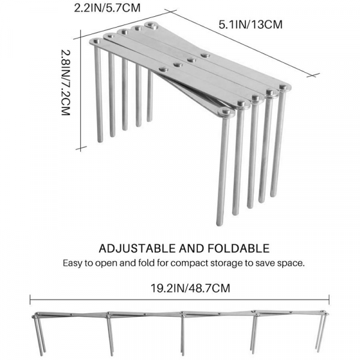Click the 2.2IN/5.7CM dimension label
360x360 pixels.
click(x=107, y=8)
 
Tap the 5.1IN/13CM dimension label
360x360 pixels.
click(x=250, y=25)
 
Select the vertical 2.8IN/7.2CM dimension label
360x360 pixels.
click(x=65, y=82)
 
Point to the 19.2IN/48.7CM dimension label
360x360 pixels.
click(x=190, y=288)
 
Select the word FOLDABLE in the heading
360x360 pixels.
click(x=239, y=248)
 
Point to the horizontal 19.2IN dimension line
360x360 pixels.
click(x=179, y=299)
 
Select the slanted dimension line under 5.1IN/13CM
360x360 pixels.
click(x=242, y=43)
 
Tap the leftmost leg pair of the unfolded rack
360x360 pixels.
click(x=39, y=335)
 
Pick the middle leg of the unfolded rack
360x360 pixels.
click(x=183, y=335)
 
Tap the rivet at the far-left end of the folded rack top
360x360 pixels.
click(x=97, y=41)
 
